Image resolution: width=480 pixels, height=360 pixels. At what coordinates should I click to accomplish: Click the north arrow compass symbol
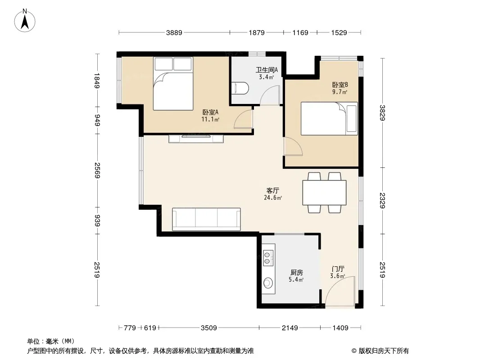(x=25, y=20)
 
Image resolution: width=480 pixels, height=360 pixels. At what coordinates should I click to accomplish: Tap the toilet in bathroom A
(x=240, y=88)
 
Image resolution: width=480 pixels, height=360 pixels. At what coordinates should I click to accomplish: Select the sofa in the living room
(x=206, y=219)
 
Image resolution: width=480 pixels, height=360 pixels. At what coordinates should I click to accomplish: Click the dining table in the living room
(x=325, y=193)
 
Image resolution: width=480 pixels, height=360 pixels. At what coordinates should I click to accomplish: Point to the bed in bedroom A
(x=173, y=84)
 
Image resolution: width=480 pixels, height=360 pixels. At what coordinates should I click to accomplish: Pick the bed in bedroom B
(x=330, y=118)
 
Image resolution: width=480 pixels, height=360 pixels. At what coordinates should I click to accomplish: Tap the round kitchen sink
(x=268, y=283)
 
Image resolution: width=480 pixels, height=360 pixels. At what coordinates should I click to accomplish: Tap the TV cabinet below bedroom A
(x=196, y=139)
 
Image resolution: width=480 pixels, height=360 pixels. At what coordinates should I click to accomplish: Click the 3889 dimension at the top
(x=174, y=32)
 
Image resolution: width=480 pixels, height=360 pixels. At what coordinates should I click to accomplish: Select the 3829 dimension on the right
(x=382, y=112)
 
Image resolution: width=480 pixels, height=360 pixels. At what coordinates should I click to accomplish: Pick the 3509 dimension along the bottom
(x=209, y=328)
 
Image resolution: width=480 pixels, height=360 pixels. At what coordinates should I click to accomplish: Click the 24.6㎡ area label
(x=273, y=198)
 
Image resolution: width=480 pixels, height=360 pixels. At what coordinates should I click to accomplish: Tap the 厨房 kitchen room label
(x=296, y=272)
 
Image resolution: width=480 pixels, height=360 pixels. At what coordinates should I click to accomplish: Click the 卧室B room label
(x=340, y=85)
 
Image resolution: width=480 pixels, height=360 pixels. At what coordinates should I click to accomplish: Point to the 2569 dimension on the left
(x=98, y=171)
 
